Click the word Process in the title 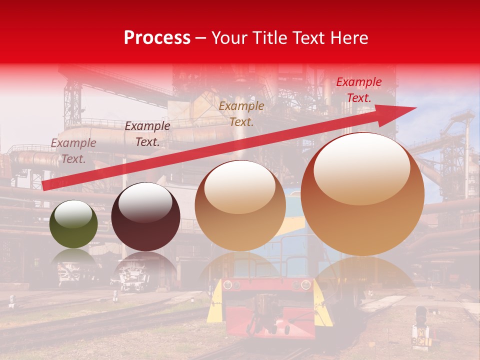coord(157,38)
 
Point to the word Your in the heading coord(229,38)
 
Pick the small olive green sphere coord(73,224)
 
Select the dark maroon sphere coord(145,217)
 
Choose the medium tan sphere coord(240,205)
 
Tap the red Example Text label coord(359,90)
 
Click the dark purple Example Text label coord(147,134)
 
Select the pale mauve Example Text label coord(73,151)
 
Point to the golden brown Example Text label coord(241,113)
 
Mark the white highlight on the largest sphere coord(362,163)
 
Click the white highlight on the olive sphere coord(73,214)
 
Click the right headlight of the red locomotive coord(303,285)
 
